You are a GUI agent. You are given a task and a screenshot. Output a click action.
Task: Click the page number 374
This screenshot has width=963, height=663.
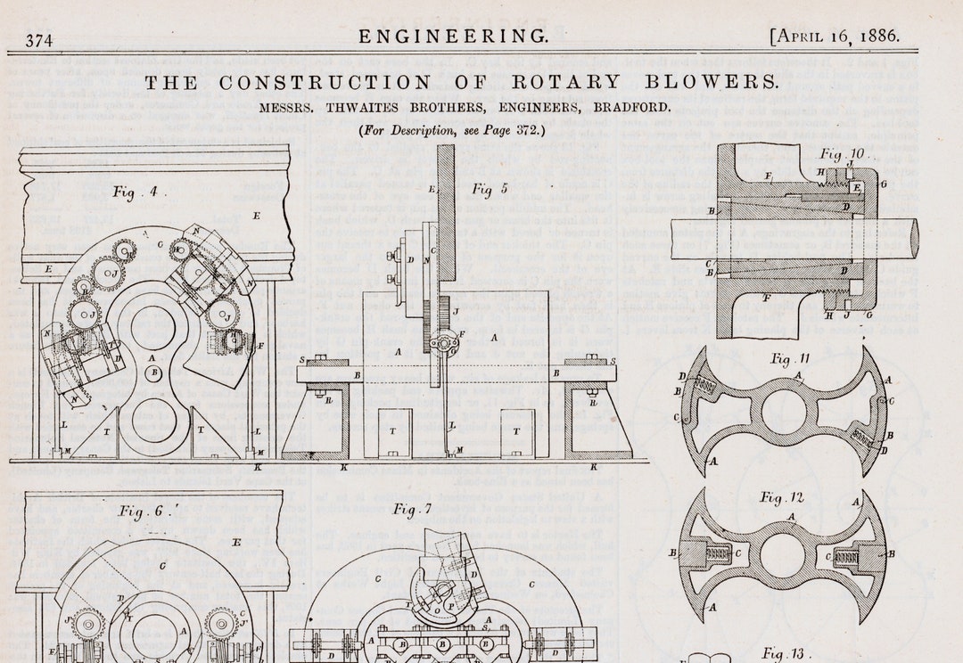(39, 40)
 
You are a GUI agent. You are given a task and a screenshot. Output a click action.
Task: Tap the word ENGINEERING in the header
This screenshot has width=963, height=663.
(454, 37)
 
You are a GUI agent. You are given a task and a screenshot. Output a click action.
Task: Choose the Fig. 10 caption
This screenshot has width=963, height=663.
(844, 154)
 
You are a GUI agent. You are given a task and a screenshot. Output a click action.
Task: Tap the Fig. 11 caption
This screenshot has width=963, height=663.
(791, 359)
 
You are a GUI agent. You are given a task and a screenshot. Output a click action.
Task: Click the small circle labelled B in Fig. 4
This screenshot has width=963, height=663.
(154, 372)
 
